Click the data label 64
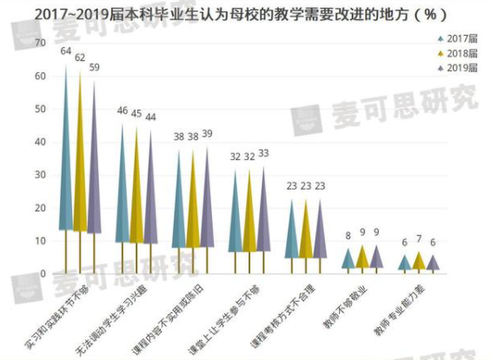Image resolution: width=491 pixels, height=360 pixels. [x=65, y=52]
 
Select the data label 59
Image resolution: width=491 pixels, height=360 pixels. [x=95, y=68]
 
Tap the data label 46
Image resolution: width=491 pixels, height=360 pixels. [x=122, y=111]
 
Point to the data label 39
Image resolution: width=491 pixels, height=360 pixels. [x=206, y=135]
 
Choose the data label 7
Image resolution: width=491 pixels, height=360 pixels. [x=419, y=239]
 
